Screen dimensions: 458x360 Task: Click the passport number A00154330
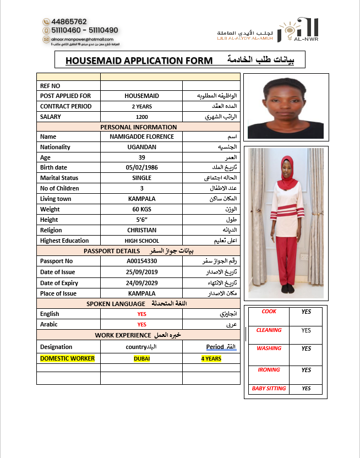point(141,261)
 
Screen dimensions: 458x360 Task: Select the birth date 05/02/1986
point(141,167)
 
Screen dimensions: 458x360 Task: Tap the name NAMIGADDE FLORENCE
point(141,137)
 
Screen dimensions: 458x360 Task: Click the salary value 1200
point(141,117)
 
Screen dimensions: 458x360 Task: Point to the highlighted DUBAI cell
point(141,358)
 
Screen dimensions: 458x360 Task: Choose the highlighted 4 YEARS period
point(211,358)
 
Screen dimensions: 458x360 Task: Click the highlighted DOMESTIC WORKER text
point(67,358)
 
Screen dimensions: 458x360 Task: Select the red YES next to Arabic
point(141,324)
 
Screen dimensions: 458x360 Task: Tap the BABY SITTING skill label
point(269,389)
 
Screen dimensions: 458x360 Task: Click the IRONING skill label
point(269,370)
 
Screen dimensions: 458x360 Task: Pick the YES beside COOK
point(306,312)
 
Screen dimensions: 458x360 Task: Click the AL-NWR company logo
point(298,30)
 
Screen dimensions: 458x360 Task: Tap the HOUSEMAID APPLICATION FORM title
point(138,61)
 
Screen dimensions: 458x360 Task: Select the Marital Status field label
point(59,178)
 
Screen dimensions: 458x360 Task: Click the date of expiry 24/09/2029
point(141,283)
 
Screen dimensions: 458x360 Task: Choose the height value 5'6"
point(141,220)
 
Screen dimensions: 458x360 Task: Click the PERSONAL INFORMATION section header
point(138,127)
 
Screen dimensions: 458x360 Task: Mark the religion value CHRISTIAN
point(141,230)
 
